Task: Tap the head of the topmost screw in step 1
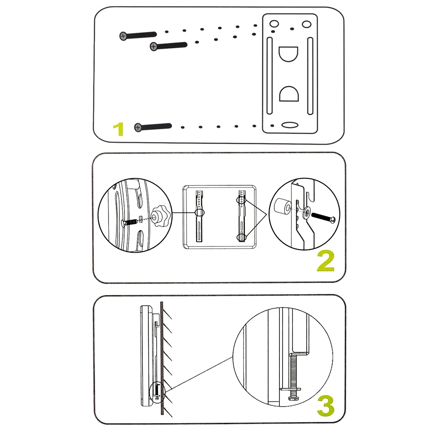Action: pyautogui.click(x=123, y=36)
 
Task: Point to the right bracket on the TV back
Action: pyautogui.click(x=241, y=215)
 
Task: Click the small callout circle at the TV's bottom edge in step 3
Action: pyautogui.click(x=157, y=390)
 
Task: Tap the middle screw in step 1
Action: pyautogui.click(x=168, y=45)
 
